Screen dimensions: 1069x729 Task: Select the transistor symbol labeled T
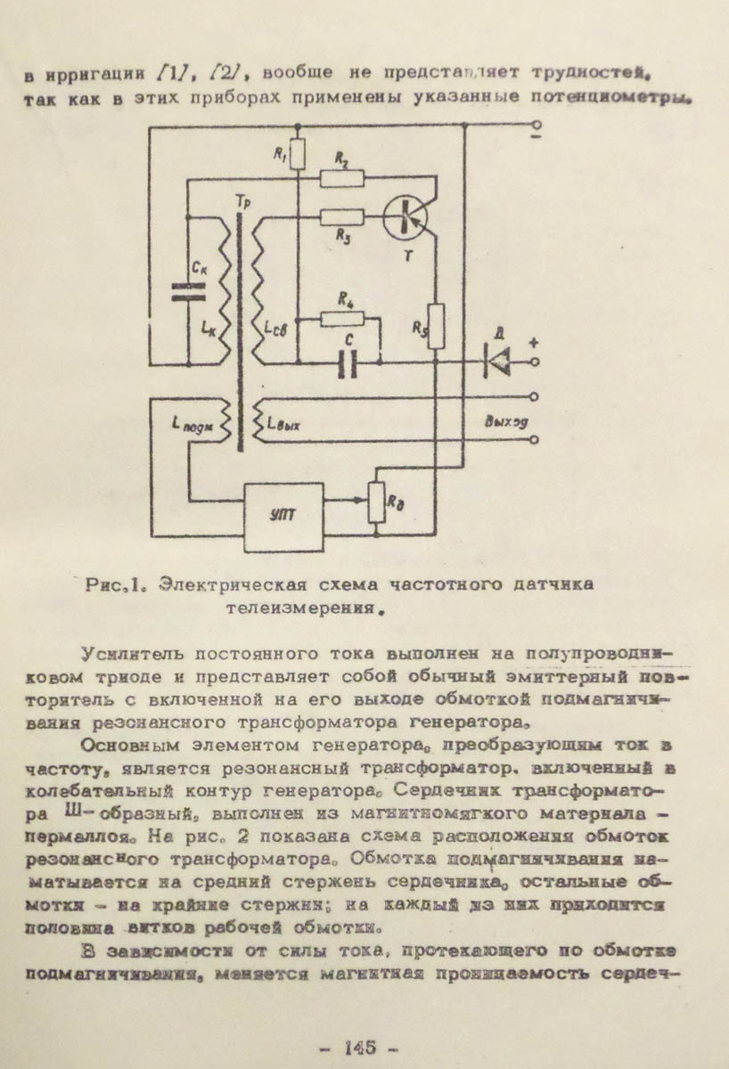tap(406, 216)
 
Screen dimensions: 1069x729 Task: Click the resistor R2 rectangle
tap(342, 178)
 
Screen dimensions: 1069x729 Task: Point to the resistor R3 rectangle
tap(341, 216)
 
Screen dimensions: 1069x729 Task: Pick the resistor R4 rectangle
tap(341, 319)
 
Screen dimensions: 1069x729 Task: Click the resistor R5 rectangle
tap(436, 324)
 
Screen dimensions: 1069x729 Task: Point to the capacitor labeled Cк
tap(190, 288)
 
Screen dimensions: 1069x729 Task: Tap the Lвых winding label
tap(283, 424)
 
